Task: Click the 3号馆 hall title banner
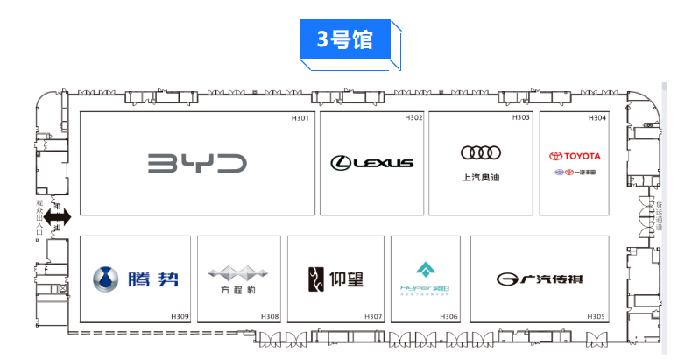[x=346, y=40]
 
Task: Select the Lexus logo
[x=371, y=162]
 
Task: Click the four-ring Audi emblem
[x=480, y=153]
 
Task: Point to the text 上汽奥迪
[x=480, y=178]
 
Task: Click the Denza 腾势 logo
[x=136, y=279]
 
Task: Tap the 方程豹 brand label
[x=233, y=291]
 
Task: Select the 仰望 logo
[x=335, y=279]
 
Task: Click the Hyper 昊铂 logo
[x=425, y=278]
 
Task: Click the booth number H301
[x=300, y=118]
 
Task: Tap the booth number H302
[x=413, y=118]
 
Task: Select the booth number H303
[x=521, y=118]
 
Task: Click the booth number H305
[x=596, y=316]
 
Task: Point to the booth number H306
[x=448, y=316]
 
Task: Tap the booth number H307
[x=372, y=316]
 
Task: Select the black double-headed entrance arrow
[x=57, y=216]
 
